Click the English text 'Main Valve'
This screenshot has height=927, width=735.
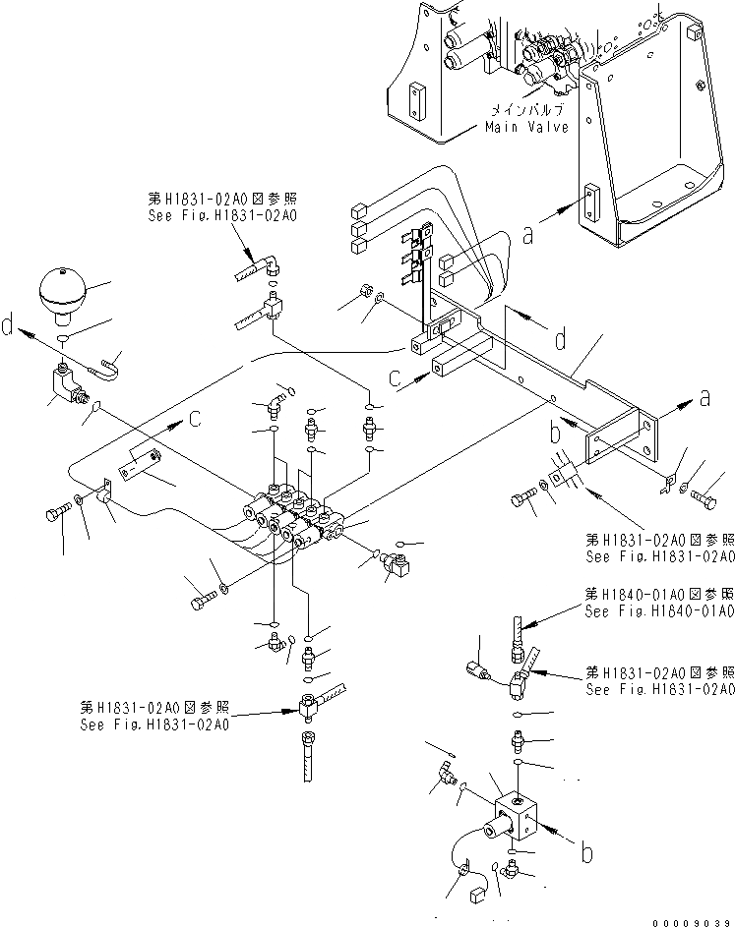525,128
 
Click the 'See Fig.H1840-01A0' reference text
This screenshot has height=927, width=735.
659,611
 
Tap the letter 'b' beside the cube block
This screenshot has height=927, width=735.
586,853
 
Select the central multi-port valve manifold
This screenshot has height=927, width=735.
295,511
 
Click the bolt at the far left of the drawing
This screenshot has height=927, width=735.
56,512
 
